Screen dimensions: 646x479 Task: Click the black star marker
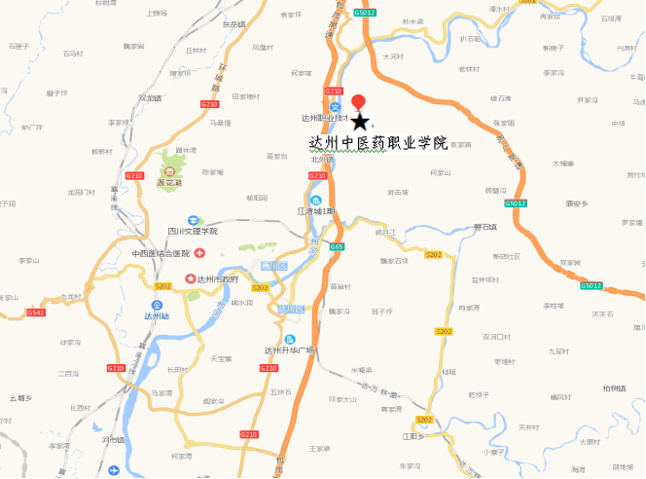[x=360, y=122]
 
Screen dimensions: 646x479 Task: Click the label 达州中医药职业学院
[x=377, y=142]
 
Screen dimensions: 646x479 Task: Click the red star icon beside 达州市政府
[x=190, y=279]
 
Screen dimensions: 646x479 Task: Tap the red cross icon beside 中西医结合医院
[x=199, y=253]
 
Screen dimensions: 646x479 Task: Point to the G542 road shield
[x=36, y=313]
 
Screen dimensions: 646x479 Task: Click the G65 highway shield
[x=337, y=247]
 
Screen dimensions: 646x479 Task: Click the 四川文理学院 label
[x=193, y=232]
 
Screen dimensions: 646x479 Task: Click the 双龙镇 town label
[x=149, y=97]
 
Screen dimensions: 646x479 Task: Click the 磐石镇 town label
[x=484, y=228]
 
